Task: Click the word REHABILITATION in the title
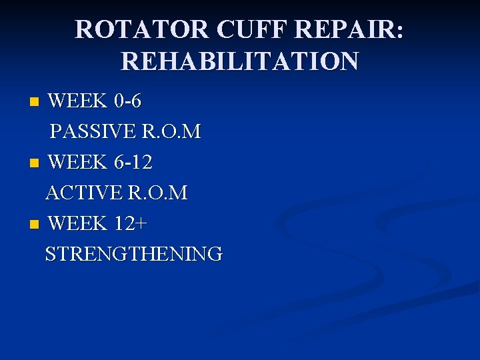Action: (x=239, y=61)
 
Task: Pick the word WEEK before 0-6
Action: (x=78, y=101)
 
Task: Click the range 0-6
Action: (x=127, y=101)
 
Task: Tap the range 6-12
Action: (x=133, y=162)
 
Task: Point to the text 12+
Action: (x=131, y=223)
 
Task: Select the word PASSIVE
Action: (x=92, y=132)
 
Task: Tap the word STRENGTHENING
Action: (x=134, y=254)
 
